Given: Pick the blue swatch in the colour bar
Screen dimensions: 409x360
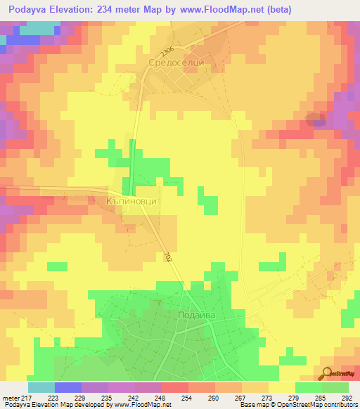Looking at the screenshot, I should point(67,387).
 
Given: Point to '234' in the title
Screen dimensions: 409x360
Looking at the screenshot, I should point(110,9).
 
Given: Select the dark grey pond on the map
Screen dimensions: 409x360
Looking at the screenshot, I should point(316,120).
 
